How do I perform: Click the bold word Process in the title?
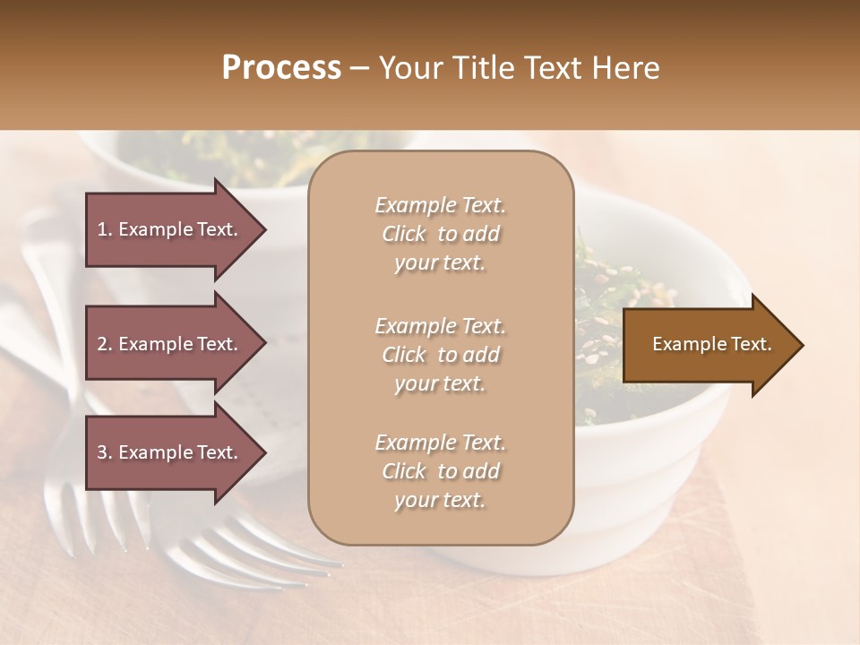[281, 69]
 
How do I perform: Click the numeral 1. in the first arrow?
[105, 229]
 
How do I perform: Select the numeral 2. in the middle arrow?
[105, 344]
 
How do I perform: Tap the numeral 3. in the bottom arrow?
[105, 452]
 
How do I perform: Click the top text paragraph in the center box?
[440, 234]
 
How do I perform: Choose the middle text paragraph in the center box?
[440, 355]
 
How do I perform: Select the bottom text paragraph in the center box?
[440, 471]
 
